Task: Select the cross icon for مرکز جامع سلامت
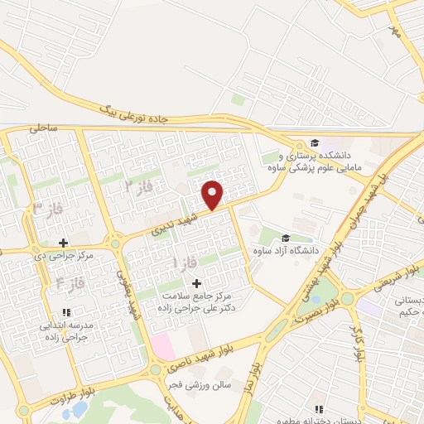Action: (x=195, y=284)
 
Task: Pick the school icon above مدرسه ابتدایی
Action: (x=65, y=312)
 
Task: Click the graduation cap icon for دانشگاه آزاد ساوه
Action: (x=286, y=238)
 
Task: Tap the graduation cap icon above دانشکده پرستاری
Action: (x=314, y=142)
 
